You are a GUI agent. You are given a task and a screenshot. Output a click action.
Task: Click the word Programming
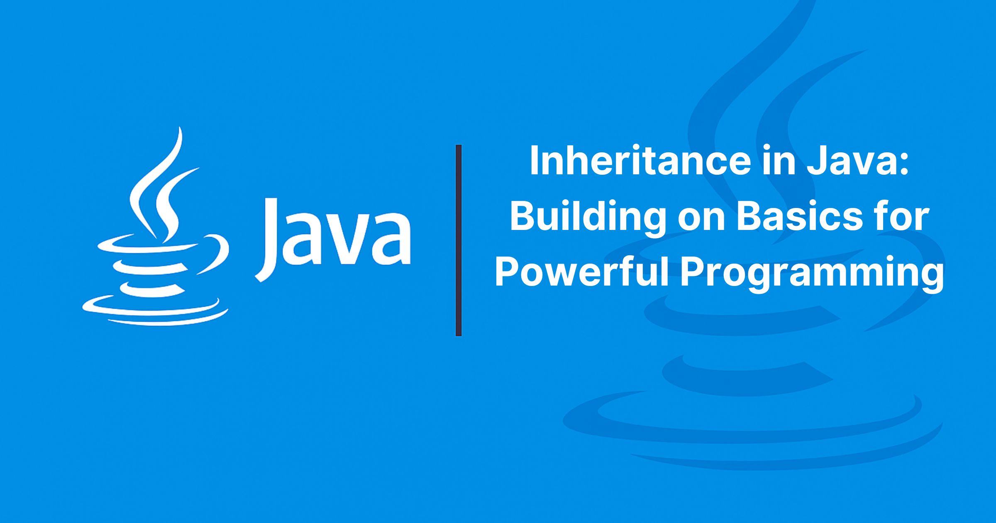click(x=812, y=274)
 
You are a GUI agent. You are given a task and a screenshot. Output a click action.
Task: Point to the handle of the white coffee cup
click(x=216, y=253)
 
